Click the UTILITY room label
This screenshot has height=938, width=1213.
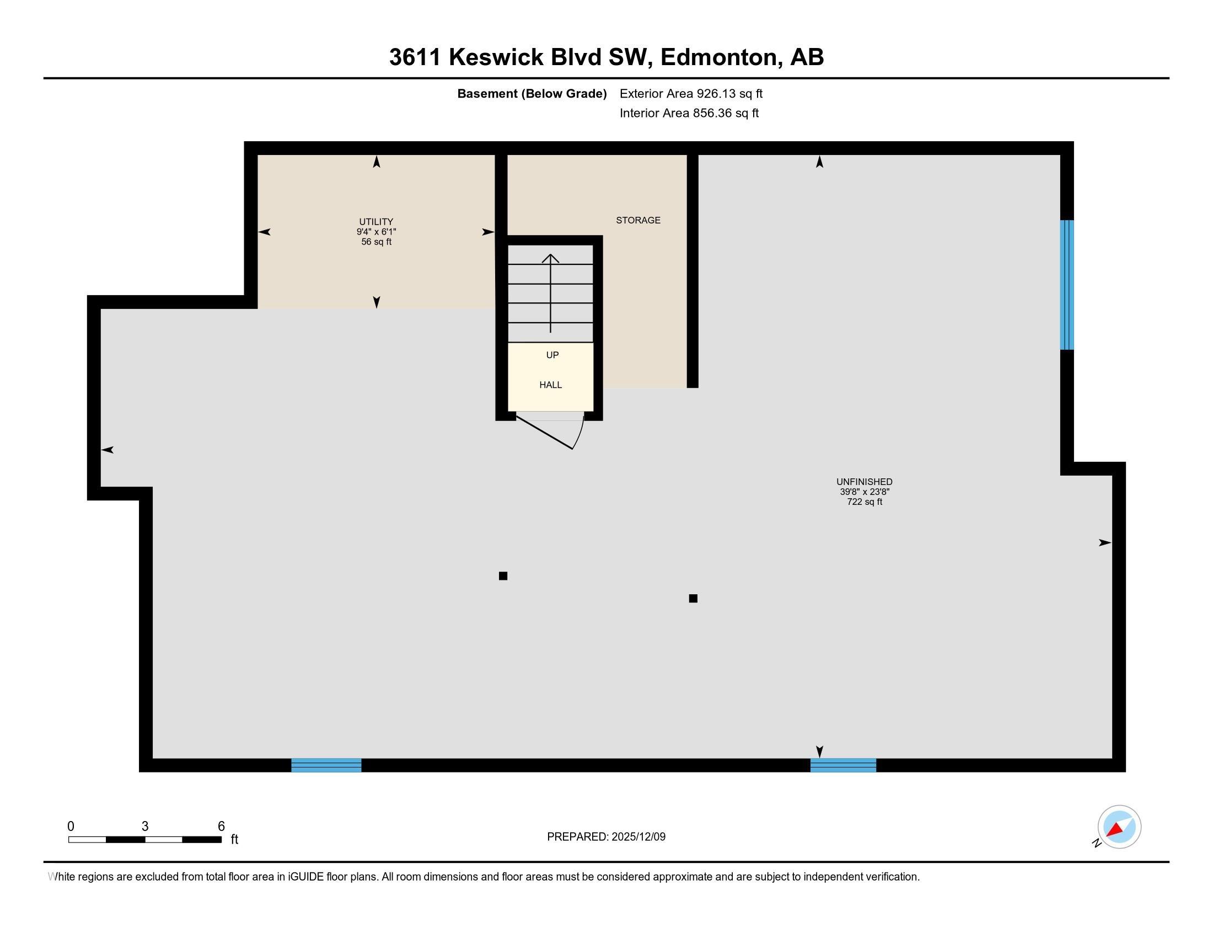pyautogui.click(x=376, y=221)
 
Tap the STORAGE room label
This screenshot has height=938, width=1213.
pyautogui.click(x=637, y=220)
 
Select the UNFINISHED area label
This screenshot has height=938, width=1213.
pyautogui.click(x=863, y=482)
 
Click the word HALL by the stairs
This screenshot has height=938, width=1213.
pyautogui.click(x=550, y=385)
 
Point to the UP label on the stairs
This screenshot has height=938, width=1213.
pyautogui.click(x=552, y=355)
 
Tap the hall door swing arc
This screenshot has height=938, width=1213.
pyautogui.click(x=580, y=434)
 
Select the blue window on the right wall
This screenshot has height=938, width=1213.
pyautogui.click(x=1066, y=285)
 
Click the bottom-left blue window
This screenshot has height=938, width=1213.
pyautogui.click(x=326, y=765)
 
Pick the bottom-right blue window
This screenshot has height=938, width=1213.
pyautogui.click(x=842, y=765)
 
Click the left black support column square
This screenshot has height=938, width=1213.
pyautogui.click(x=503, y=575)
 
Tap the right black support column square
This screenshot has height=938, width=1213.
pyautogui.click(x=693, y=599)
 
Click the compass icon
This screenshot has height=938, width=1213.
pyautogui.click(x=1119, y=827)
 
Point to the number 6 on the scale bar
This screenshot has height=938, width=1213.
pyautogui.click(x=221, y=826)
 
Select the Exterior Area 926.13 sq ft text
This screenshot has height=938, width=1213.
pyautogui.click(x=691, y=93)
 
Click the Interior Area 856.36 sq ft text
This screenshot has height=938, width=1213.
pyautogui.click(x=689, y=113)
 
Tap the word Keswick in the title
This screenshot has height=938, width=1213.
pyautogui.click(x=496, y=57)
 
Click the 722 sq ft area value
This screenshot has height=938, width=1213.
pyautogui.click(x=864, y=502)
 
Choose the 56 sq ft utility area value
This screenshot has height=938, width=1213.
pyautogui.click(x=376, y=242)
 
